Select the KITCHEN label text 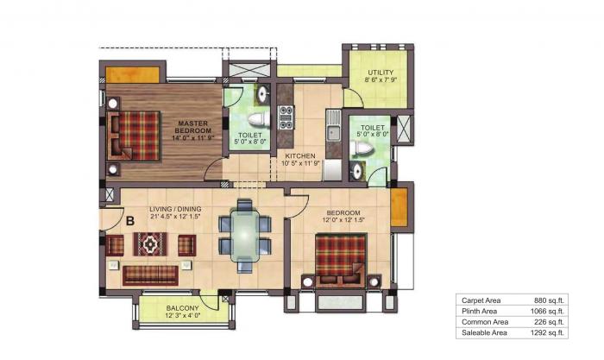300,156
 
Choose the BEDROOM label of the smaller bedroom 343,212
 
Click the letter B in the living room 129,220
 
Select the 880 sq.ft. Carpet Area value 548,300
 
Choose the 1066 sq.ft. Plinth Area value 546,311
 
